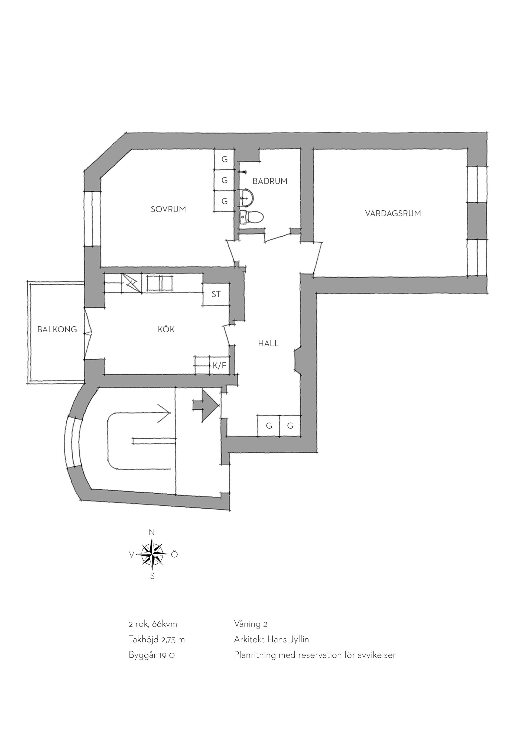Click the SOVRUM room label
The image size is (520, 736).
[168, 209]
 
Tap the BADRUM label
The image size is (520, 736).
[270, 181]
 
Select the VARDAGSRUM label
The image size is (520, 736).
[393, 214]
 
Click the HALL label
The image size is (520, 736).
[268, 344]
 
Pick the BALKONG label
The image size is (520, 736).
[57, 330]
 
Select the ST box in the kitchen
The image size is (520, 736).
[216, 294]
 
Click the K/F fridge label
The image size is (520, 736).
[219, 366]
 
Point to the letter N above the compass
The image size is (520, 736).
[152, 532]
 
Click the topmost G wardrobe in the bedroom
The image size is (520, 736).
[225, 160]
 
